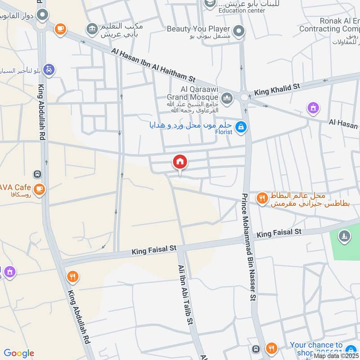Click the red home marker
pyautogui.click(x=180, y=162)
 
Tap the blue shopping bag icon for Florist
pyautogui.click(x=241, y=127)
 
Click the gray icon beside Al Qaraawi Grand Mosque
pyautogui.click(x=227, y=97)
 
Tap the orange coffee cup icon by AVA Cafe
pyautogui.click(x=40, y=188)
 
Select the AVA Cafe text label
pyautogui.click(x=16, y=187)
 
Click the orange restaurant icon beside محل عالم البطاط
pyautogui.click(x=262, y=198)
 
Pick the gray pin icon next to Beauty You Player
pyautogui.click(x=239, y=31)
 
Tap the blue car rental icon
pyautogui.click(x=49, y=70)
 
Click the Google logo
pyautogui.click(x=19, y=353)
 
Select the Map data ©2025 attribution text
pyautogui.click(x=336, y=355)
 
